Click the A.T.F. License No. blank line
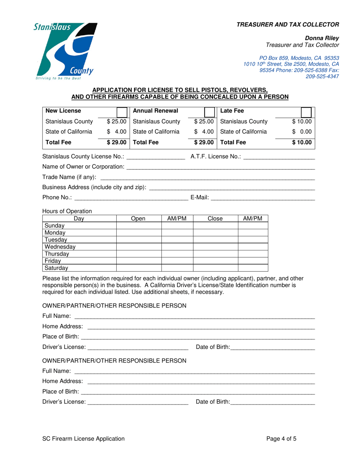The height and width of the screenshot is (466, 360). [280, 157]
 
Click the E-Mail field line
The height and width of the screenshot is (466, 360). [263, 197]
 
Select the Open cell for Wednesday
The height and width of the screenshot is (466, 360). [139, 247]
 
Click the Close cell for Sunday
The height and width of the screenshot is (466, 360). [215, 225]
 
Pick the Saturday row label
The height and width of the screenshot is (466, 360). [56, 268]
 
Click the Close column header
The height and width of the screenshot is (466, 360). [215, 219]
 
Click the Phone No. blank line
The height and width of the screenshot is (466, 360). [131, 197]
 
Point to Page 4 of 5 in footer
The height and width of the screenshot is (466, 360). [281, 439]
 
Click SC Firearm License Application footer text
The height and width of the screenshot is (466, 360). [83, 439]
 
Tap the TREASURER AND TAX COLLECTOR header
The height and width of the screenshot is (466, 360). [288, 25]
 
